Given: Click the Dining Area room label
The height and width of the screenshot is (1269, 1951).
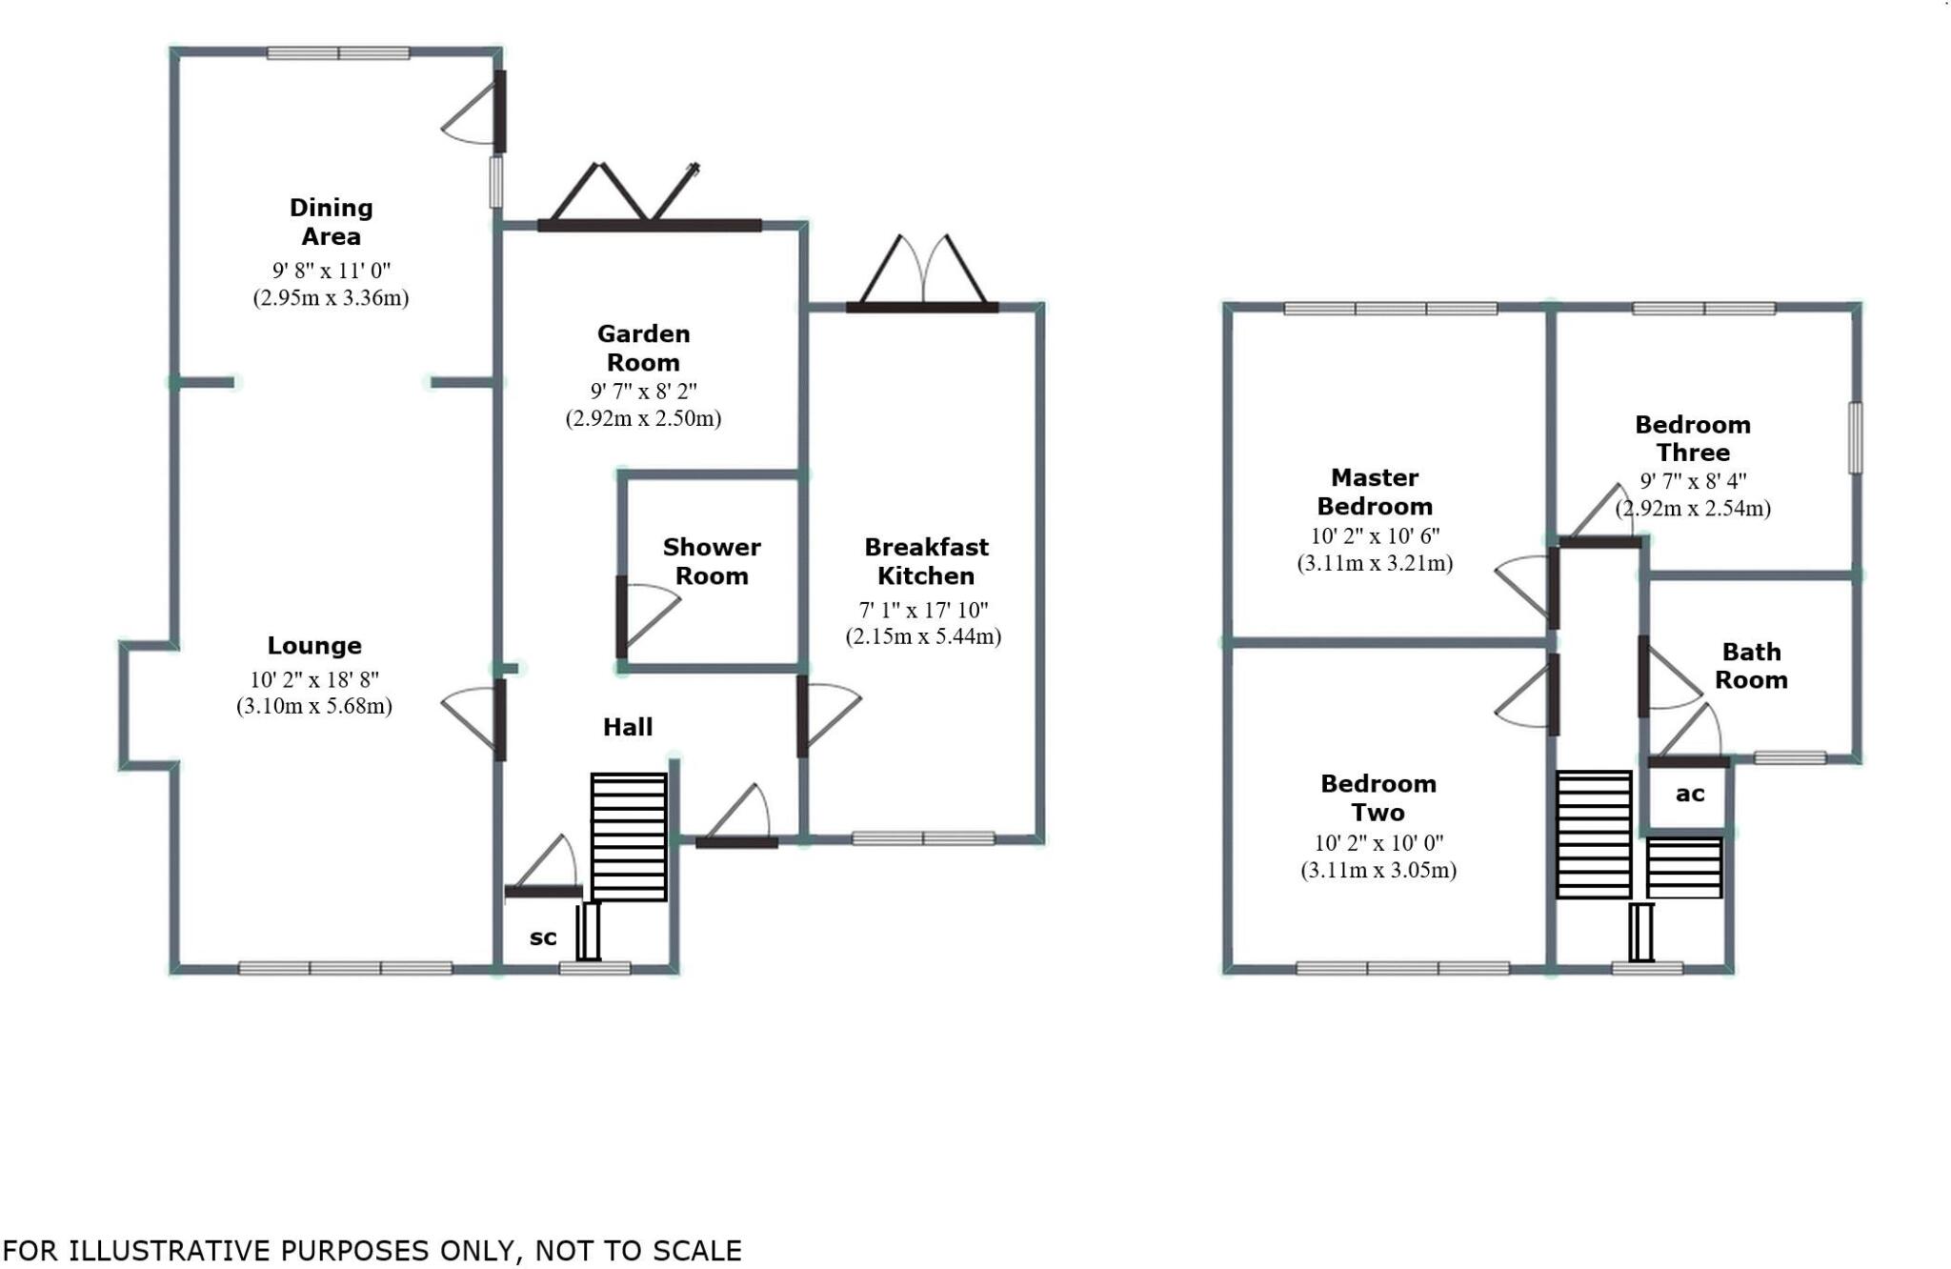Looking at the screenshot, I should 331,222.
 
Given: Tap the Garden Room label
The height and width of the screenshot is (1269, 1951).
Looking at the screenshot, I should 643,348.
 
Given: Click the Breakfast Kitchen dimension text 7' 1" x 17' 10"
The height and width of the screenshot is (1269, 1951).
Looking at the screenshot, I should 923,610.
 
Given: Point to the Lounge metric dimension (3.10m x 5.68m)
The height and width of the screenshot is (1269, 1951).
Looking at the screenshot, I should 313,706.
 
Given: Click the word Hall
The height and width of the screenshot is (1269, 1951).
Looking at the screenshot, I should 628,727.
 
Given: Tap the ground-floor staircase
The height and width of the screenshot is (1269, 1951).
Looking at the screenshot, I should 629,836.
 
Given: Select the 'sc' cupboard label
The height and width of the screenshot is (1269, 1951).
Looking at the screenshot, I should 543,937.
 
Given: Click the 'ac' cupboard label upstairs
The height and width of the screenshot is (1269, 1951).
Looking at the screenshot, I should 1689,794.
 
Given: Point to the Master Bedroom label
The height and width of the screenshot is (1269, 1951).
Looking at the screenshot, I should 1375,492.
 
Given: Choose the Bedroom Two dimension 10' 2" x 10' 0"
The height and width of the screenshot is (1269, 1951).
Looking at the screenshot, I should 1378,843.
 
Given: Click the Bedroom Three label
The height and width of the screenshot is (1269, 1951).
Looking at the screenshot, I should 1693,438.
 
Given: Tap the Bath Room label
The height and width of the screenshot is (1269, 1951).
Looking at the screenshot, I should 1751,666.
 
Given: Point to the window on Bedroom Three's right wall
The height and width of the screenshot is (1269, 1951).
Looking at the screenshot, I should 1855,438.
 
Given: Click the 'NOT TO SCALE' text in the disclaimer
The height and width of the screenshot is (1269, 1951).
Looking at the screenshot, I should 638,1250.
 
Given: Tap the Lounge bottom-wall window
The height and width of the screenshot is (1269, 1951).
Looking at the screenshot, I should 345,968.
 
